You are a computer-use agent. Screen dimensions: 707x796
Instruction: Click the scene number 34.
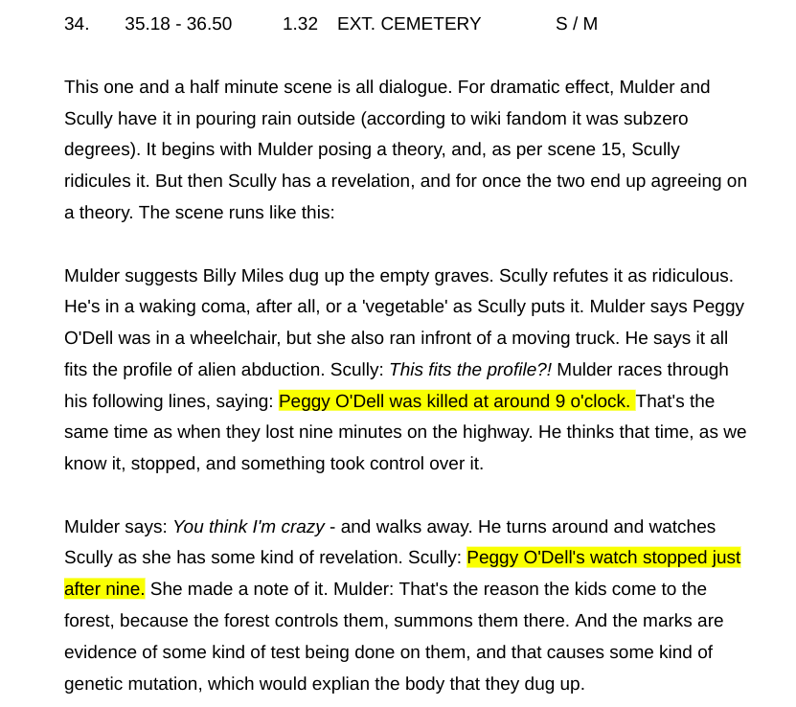click(77, 24)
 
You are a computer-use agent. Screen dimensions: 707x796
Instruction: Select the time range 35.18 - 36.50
click(178, 24)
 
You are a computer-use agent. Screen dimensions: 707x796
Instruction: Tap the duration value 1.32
click(300, 24)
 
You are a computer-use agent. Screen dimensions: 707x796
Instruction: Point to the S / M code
click(577, 24)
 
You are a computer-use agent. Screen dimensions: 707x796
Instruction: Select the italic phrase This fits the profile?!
click(470, 370)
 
